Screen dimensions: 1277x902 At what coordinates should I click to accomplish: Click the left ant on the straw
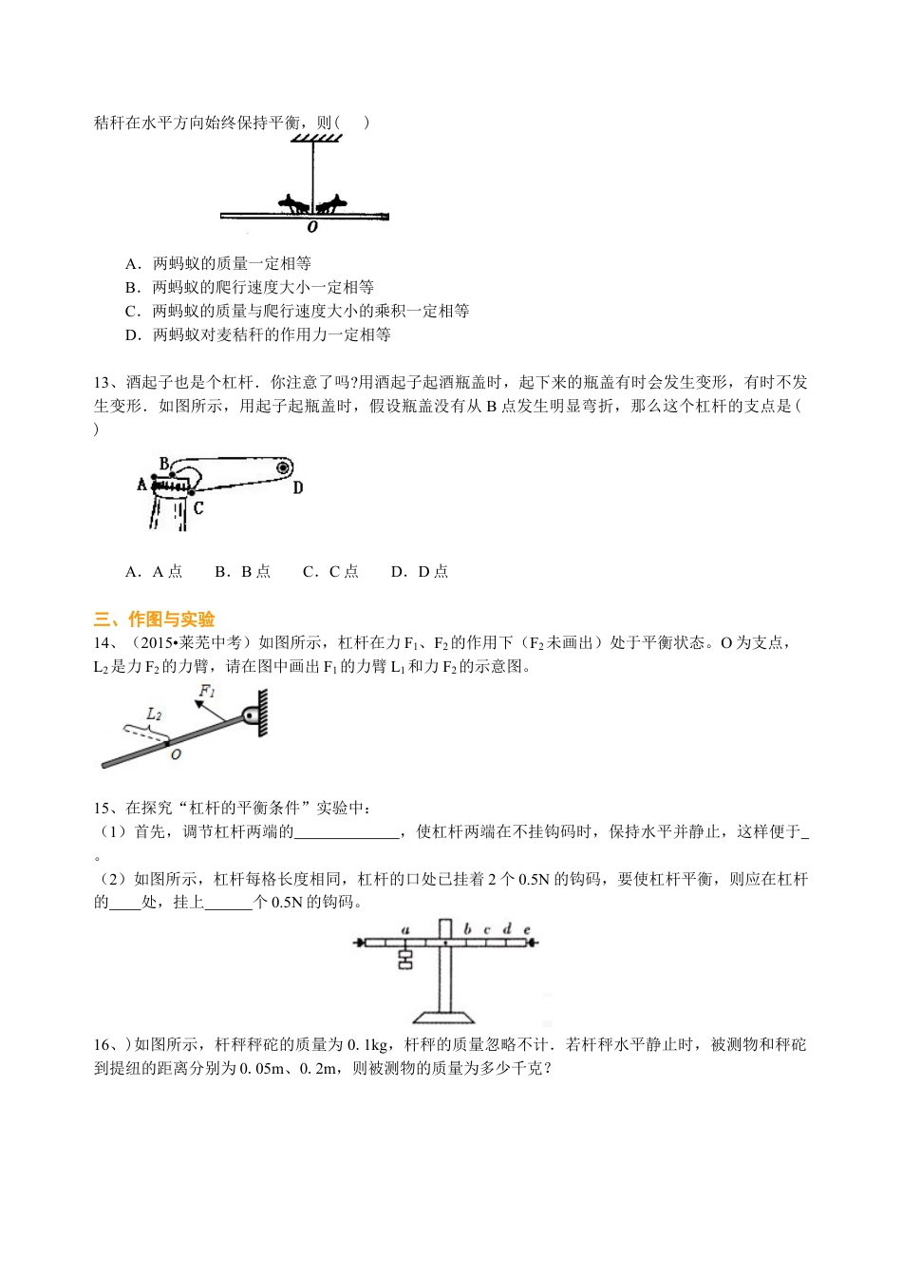click(x=293, y=203)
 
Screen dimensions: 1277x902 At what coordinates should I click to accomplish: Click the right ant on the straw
click(x=331, y=203)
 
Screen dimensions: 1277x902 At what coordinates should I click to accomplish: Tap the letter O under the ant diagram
click(x=312, y=227)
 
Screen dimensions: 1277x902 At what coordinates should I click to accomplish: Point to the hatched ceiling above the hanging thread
click(x=316, y=140)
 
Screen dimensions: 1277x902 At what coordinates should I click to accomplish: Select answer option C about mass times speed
click(x=297, y=311)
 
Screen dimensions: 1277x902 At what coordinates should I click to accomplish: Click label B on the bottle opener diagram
click(x=164, y=464)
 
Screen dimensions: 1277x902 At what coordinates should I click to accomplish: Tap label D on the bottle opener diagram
click(x=297, y=487)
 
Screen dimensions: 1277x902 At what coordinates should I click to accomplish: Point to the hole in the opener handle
click(x=282, y=467)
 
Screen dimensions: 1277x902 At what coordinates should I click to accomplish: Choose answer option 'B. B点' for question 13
click(x=243, y=571)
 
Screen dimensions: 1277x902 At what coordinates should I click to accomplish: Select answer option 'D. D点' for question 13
click(x=420, y=571)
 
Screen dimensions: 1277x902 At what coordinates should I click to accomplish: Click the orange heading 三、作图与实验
click(x=155, y=619)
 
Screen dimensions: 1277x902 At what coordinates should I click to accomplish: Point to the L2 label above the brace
click(x=154, y=713)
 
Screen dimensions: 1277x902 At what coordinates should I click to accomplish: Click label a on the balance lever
click(x=405, y=929)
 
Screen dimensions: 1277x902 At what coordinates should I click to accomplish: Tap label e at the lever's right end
click(x=526, y=929)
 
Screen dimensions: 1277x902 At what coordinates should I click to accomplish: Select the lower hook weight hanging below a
click(x=405, y=963)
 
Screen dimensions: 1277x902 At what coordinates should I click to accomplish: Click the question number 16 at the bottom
click(x=103, y=1045)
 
